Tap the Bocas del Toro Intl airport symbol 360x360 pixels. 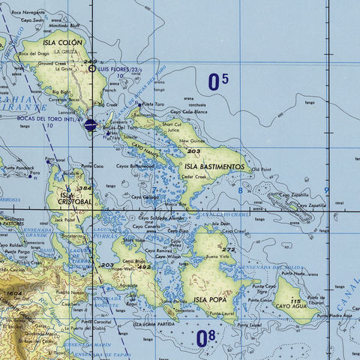(90, 125)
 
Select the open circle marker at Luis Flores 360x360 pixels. (91, 68)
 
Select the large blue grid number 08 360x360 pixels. (205, 339)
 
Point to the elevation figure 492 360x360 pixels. (144, 266)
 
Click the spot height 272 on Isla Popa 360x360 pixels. (228, 249)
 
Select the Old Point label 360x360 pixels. (262, 169)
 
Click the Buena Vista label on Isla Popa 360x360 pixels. (228, 257)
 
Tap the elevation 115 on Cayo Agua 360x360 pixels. (297, 300)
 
